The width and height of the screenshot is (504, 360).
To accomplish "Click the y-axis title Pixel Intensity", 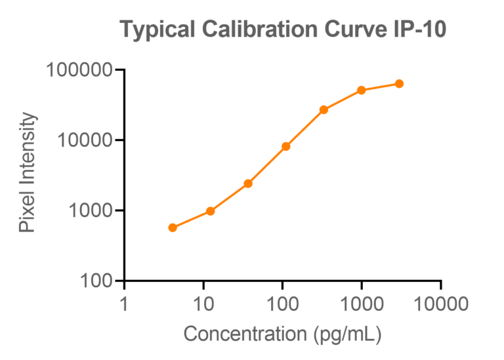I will point(27,173).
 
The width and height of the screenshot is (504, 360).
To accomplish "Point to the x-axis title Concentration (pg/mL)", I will point(282,334).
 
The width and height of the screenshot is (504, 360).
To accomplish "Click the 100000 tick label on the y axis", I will point(78,70).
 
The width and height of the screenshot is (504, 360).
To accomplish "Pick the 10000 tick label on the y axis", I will point(84,140).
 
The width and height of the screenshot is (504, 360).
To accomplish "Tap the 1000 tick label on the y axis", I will point(90,210).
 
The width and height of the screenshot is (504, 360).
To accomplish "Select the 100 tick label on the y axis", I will point(96,281).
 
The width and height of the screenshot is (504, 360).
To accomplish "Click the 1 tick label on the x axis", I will point(124,304).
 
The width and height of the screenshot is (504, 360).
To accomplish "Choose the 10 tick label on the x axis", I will point(203,304).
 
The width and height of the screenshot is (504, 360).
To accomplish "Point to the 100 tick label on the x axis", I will point(282,304).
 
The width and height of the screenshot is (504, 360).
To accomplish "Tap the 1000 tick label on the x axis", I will point(361,304).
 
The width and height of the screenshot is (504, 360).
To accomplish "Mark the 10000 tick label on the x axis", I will point(440,304).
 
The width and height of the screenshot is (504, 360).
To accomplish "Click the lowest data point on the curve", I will point(173,228).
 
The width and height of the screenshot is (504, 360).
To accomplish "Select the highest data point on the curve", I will point(399,83).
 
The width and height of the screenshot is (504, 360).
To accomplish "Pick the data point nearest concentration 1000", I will point(361,90).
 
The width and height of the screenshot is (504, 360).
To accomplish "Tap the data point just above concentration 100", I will point(286,146).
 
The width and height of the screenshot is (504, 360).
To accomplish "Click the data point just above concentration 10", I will point(211,211).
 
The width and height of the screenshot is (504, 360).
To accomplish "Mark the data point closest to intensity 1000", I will point(211,211).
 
